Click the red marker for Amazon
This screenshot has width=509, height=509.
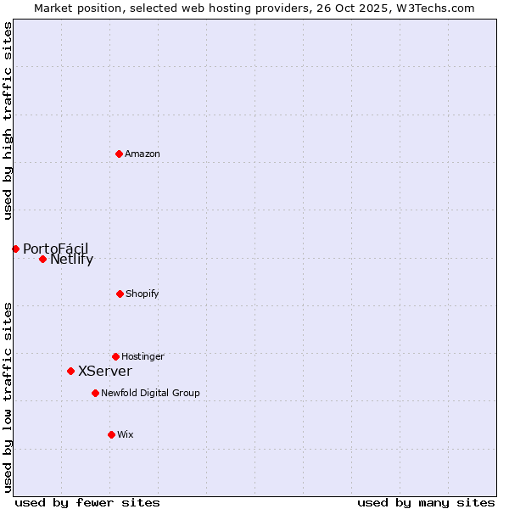tap(119, 154)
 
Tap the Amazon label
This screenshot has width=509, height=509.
tap(143, 154)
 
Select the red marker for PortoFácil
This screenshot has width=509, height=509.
tap(15, 249)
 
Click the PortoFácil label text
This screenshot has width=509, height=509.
tap(55, 249)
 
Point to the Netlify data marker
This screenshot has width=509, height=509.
tap(42, 259)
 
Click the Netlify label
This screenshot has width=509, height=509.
tap(71, 260)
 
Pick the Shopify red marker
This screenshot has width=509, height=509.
tap(120, 294)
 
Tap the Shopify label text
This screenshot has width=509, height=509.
tap(143, 294)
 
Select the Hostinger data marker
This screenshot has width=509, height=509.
tap(115, 356)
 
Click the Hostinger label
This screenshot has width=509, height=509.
tap(143, 357)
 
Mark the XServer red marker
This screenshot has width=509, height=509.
tap(70, 371)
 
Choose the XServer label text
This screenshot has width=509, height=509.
tap(105, 372)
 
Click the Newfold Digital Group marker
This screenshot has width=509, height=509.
tap(95, 393)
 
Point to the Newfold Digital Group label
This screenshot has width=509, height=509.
tap(150, 394)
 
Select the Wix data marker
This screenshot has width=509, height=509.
tap(111, 434)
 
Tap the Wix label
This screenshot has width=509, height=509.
tap(126, 435)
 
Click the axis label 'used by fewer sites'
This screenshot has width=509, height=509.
tap(87, 503)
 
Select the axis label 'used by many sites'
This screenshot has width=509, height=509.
tap(426, 503)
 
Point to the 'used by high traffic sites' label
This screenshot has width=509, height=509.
tap(8, 120)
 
